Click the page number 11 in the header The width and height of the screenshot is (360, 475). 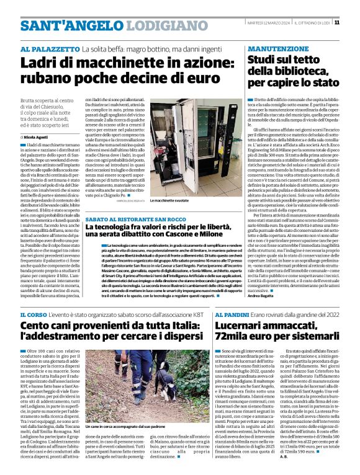click(x=353, y=22)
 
